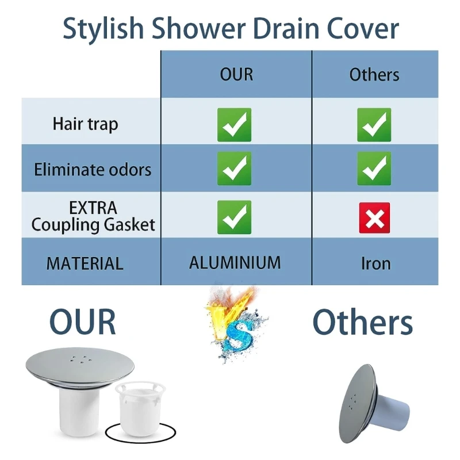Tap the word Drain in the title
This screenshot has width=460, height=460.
pyautogui.click(x=285, y=28)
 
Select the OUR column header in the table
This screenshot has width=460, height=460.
pyautogui.click(x=236, y=75)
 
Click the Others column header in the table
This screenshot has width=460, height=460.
pyautogui.click(x=374, y=75)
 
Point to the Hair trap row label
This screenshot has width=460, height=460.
pyautogui.click(x=85, y=124)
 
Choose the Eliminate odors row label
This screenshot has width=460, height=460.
pyautogui.click(x=93, y=170)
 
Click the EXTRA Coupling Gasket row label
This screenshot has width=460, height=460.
pyautogui.click(x=93, y=217)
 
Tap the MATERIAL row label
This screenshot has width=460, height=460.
pyautogui.click(x=85, y=263)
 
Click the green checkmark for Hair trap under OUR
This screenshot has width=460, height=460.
pyautogui.click(x=234, y=125)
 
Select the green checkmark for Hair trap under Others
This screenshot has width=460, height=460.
pyautogui.click(x=374, y=125)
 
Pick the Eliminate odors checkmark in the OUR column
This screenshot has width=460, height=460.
pyautogui.click(x=234, y=168)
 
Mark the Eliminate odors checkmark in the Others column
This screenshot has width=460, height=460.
pyautogui.click(x=374, y=168)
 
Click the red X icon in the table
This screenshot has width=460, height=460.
pyautogui.click(x=375, y=218)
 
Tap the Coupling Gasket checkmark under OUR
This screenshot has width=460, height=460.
pyautogui.click(x=234, y=217)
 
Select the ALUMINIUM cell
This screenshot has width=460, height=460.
pyautogui.click(x=235, y=263)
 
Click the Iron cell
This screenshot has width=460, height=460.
pyautogui.click(x=376, y=263)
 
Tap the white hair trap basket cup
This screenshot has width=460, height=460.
pyautogui.click(x=140, y=408)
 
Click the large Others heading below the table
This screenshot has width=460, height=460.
pyautogui.click(x=363, y=322)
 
